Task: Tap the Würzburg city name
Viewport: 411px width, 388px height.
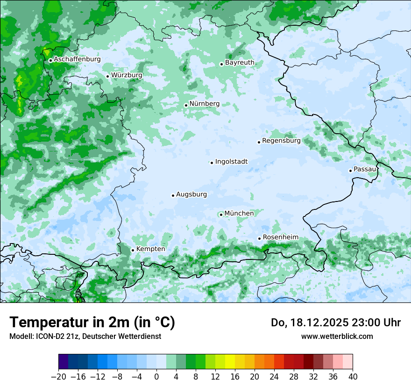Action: point(127,75)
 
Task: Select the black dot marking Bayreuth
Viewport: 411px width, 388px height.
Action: point(221,64)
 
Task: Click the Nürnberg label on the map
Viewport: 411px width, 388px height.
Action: point(204,104)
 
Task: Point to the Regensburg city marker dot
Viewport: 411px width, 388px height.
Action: point(259,142)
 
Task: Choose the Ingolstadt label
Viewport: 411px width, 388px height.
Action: point(231,162)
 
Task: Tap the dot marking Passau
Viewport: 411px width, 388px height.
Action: point(350,171)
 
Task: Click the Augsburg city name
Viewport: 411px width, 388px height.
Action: point(191,194)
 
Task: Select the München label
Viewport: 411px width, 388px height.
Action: point(239,213)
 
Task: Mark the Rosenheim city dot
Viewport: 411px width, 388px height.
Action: point(259,239)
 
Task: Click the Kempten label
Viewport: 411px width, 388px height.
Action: point(150,249)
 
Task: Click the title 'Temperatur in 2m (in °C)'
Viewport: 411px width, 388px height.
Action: point(92,322)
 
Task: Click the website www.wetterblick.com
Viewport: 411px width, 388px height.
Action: point(337,336)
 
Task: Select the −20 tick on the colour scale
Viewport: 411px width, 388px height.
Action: point(58,377)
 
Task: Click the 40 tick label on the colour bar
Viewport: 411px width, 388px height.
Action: point(353,377)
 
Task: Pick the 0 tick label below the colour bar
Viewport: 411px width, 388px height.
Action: point(156,377)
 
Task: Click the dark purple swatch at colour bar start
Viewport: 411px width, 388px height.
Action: point(64,362)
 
